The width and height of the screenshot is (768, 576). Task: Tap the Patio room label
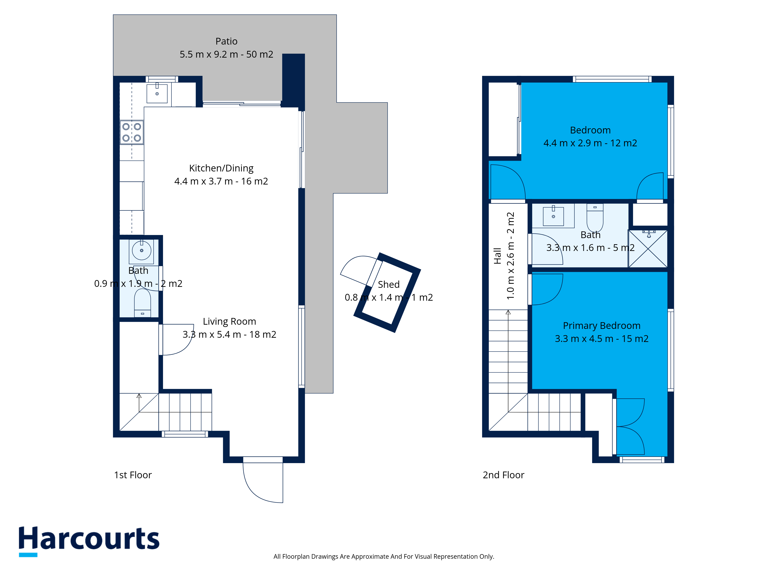(226, 41)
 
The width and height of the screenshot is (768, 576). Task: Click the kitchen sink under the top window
(157, 93)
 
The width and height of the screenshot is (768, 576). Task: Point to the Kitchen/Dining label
(221, 168)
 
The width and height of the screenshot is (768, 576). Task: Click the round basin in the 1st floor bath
(142, 250)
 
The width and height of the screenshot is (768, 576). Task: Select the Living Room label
(229, 322)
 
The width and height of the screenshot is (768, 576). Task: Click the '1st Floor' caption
(133, 475)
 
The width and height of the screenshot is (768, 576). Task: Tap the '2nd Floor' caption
(503, 475)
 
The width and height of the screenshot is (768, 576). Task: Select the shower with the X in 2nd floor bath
(648, 249)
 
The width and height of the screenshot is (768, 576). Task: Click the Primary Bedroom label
(602, 326)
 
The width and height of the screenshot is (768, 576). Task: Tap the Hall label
(497, 256)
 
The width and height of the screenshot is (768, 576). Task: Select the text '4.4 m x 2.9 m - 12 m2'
(590, 143)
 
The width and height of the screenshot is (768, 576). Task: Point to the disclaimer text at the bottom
(384, 557)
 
